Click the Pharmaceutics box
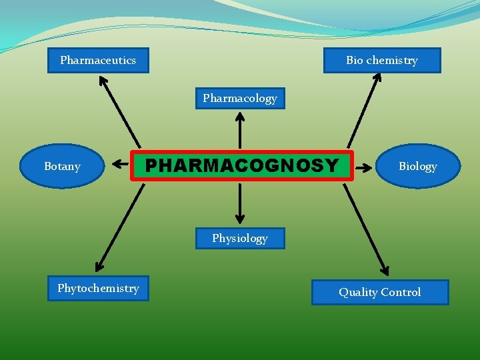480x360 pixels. coord(98,60)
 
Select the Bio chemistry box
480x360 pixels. coord(382,60)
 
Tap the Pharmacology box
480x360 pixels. coord(240,98)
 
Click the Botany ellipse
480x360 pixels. coord(62,166)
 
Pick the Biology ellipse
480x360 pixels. coord(418,166)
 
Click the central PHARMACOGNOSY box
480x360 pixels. coord(241,165)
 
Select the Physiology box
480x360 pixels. coord(240,238)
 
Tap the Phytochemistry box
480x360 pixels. coord(98,288)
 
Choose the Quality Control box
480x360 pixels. coord(380,292)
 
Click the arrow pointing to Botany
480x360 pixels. coord(121,162)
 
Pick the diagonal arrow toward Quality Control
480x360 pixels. coord(365,230)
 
